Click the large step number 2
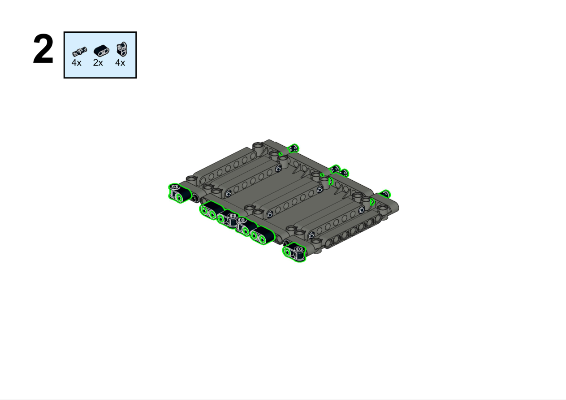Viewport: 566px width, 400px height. pyautogui.click(x=43, y=49)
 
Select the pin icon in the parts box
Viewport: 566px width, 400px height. pyautogui.click(x=79, y=51)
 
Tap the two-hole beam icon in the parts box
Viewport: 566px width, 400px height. pyautogui.click(x=101, y=51)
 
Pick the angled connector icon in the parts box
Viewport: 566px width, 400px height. pyautogui.click(x=122, y=49)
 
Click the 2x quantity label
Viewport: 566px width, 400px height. pyautogui.click(x=98, y=63)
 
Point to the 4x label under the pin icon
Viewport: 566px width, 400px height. pyautogui.click(x=76, y=63)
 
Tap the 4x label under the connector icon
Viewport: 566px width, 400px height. pyautogui.click(x=120, y=63)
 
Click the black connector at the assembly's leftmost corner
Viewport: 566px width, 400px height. pyautogui.click(x=179, y=193)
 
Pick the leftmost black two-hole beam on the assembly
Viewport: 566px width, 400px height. pyautogui.click(x=211, y=210)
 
